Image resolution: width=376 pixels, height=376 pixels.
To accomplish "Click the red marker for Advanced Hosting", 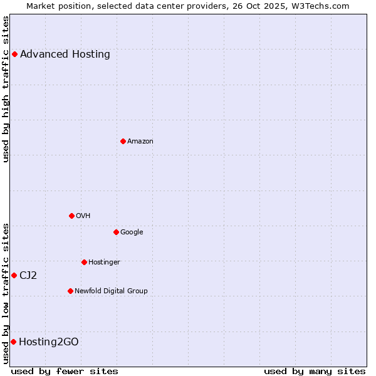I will (14, 54).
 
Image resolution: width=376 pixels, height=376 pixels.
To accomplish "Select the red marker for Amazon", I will (123, 141).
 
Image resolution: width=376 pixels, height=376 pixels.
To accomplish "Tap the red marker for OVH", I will (71, 216).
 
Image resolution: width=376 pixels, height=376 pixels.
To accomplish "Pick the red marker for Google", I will (116, 232).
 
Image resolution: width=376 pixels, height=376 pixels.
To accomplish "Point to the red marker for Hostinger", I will (84, 262).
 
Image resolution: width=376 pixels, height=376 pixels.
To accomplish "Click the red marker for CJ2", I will (14, 275).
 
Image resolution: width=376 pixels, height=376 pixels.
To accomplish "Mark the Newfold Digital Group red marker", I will (70, 291).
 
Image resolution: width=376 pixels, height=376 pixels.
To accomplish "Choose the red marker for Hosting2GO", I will (13, 342).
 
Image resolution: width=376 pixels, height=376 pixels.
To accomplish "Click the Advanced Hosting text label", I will (65, 54).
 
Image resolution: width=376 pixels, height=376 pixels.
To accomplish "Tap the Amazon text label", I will (140, 141).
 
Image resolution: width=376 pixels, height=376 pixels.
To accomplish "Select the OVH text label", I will (83, 216).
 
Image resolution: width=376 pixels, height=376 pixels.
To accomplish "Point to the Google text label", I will (132, 232).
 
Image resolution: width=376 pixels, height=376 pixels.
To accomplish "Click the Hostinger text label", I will (104, 262).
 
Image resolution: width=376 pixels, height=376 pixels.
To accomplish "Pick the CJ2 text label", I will (28, 275).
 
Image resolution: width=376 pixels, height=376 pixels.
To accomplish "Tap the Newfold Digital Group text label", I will (111, 291).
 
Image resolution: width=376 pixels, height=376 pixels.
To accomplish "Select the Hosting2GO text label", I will (49, 342).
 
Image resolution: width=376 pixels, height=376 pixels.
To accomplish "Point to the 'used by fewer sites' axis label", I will (65, 371).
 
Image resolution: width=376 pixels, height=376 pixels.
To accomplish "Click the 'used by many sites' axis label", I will (315, 371).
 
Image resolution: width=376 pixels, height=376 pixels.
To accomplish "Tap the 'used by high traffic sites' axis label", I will (6, 89).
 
